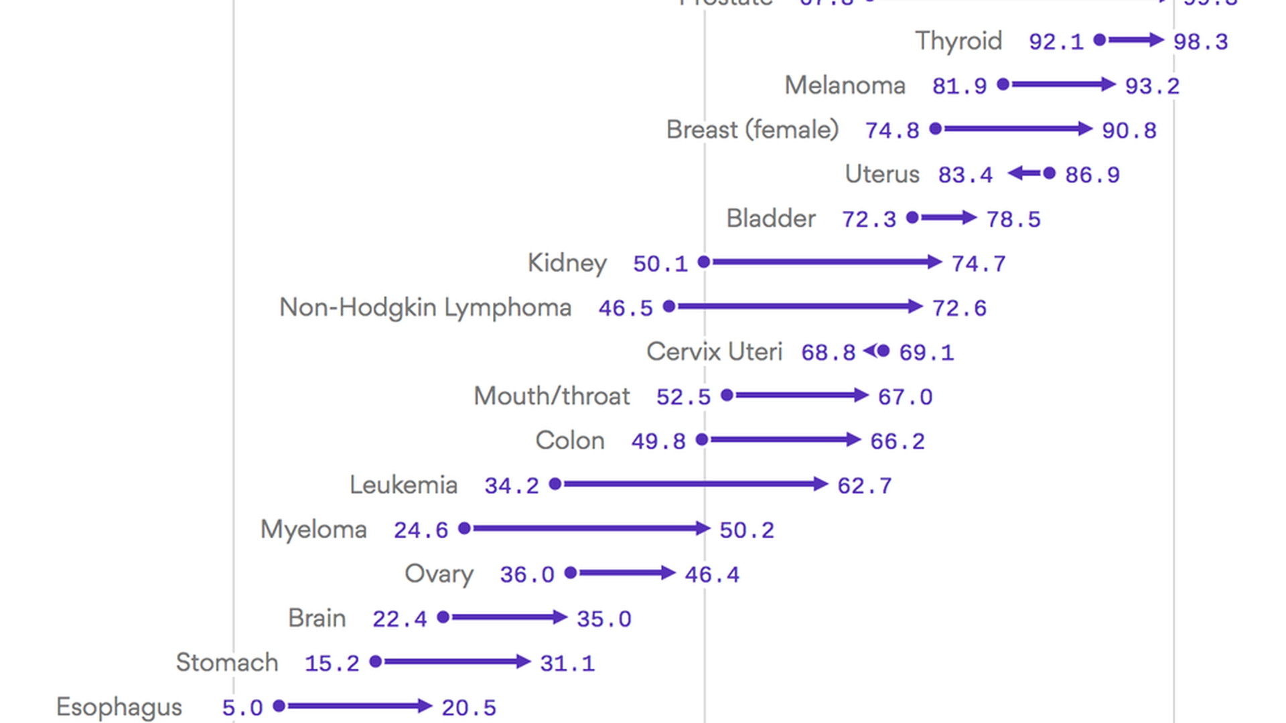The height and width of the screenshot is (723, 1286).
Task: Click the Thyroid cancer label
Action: click(x=958, y=42)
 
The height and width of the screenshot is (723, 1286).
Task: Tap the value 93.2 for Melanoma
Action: click(x=1152, y=86)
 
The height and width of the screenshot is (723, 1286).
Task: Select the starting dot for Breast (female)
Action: click(x=936, y=129)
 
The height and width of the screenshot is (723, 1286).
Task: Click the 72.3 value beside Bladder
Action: click(x=869, y=220)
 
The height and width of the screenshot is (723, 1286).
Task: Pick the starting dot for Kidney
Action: click(x=704, y=262)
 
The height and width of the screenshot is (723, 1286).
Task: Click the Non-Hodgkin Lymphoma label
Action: click(x=425, y=308)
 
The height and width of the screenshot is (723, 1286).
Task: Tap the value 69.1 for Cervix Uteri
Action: click(x=926, y=353)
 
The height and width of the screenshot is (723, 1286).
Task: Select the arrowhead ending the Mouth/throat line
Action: click(x=862, y=395)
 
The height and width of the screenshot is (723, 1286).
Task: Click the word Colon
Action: click(x=570, y=441)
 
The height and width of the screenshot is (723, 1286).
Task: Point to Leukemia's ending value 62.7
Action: click(x=865, y=486)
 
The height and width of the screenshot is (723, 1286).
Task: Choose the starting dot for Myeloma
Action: click(x=464, y=528)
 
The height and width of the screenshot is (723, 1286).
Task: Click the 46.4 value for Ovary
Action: click(x=712, y=575)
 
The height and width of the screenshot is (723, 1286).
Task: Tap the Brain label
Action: click(x=317, y=619)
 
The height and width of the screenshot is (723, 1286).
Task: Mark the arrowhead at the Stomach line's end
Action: click(x=524, y=661)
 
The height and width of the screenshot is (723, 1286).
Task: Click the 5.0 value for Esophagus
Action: click(x=242, y=708)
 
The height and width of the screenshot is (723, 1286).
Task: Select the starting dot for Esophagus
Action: click(x=279, y=706)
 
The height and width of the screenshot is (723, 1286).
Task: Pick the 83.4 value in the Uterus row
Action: click(x=965, y=175)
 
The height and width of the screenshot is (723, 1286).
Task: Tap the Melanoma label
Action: click(x=845, y=86)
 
